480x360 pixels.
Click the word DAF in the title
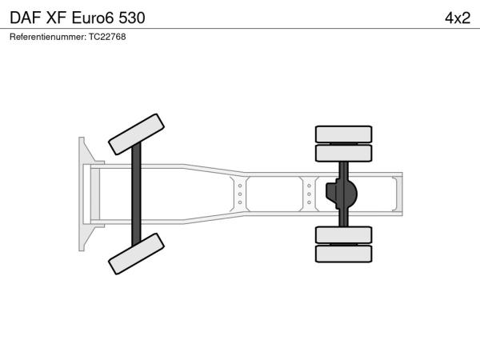pyautogui.click(x=26, y=18)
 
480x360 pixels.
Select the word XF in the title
pyautogui.click(x=56, y=18)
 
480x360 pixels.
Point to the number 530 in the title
pyautogui.click(x=132, y=18)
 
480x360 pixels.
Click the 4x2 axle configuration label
pyautogui.click(x=458, y=18)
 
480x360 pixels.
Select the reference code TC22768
pyautogui.click(x=107, y=37)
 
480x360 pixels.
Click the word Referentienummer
pyautogui.click(x=48, y=37)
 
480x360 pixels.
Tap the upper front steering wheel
pyautogui.click(x=136, y=134)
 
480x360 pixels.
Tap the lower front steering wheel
pyautogui.click(x=136, y=254)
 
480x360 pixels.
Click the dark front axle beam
pyautogui.click(x=136, y=194)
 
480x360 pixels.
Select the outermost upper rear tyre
pyautogui.click(x=343, y=134)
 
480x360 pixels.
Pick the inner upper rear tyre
pyautogui.click(x=343, y=153)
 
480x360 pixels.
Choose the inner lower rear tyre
pyautogui.click(x=343, y=235)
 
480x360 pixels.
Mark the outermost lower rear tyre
pyautogui.click(x=343, y=254)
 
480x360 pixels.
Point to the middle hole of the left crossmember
pyautogui.click(x=240, y=194)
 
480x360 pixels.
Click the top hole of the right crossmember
pyautogui.click(x=309, y=186)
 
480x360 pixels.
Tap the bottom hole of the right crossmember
pyautogui.click(x=309, y=202)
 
